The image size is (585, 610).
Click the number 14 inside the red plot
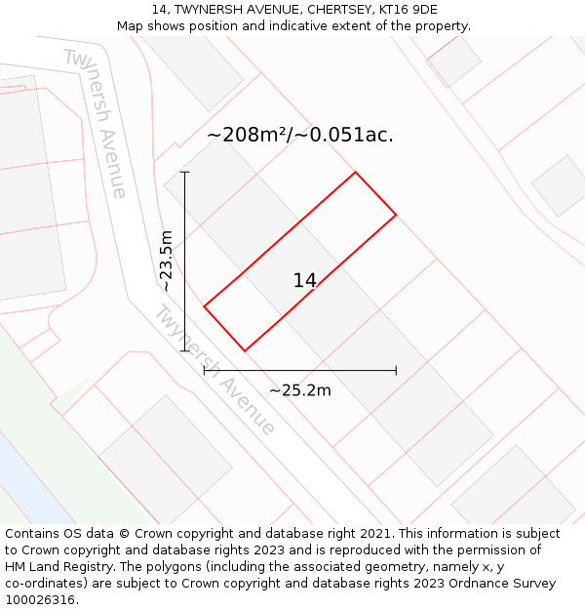coord(305,281)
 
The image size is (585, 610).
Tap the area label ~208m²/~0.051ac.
coord(300,136)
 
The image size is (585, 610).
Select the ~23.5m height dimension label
coord(167,261)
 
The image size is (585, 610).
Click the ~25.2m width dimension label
coord(300,390)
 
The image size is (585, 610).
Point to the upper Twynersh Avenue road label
coord(96,122)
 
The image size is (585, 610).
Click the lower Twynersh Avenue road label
coord(214,370)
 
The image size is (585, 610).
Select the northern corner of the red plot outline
coord(355,173)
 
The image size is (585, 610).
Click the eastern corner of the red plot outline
coord(396,215)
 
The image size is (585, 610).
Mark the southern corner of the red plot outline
coord(245,350)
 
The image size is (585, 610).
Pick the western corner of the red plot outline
coord(204,306)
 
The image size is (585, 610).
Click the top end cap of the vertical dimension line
coord(184,172)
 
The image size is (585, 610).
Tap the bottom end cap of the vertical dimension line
coord(184,351)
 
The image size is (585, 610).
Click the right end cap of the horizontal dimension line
coord(396,371)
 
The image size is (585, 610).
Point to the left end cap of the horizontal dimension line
coord(204,371)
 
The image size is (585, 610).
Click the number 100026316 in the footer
coord(40,600)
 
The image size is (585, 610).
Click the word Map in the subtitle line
coord(131,26)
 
